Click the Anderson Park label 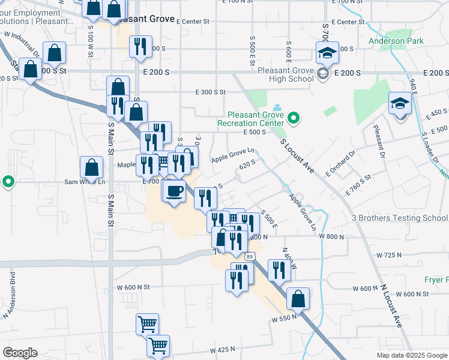396,41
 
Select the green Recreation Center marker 294,118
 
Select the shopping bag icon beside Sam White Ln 91,167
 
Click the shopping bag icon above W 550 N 298,298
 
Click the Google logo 20,353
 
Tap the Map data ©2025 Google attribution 411,355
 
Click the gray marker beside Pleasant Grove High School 323,74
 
